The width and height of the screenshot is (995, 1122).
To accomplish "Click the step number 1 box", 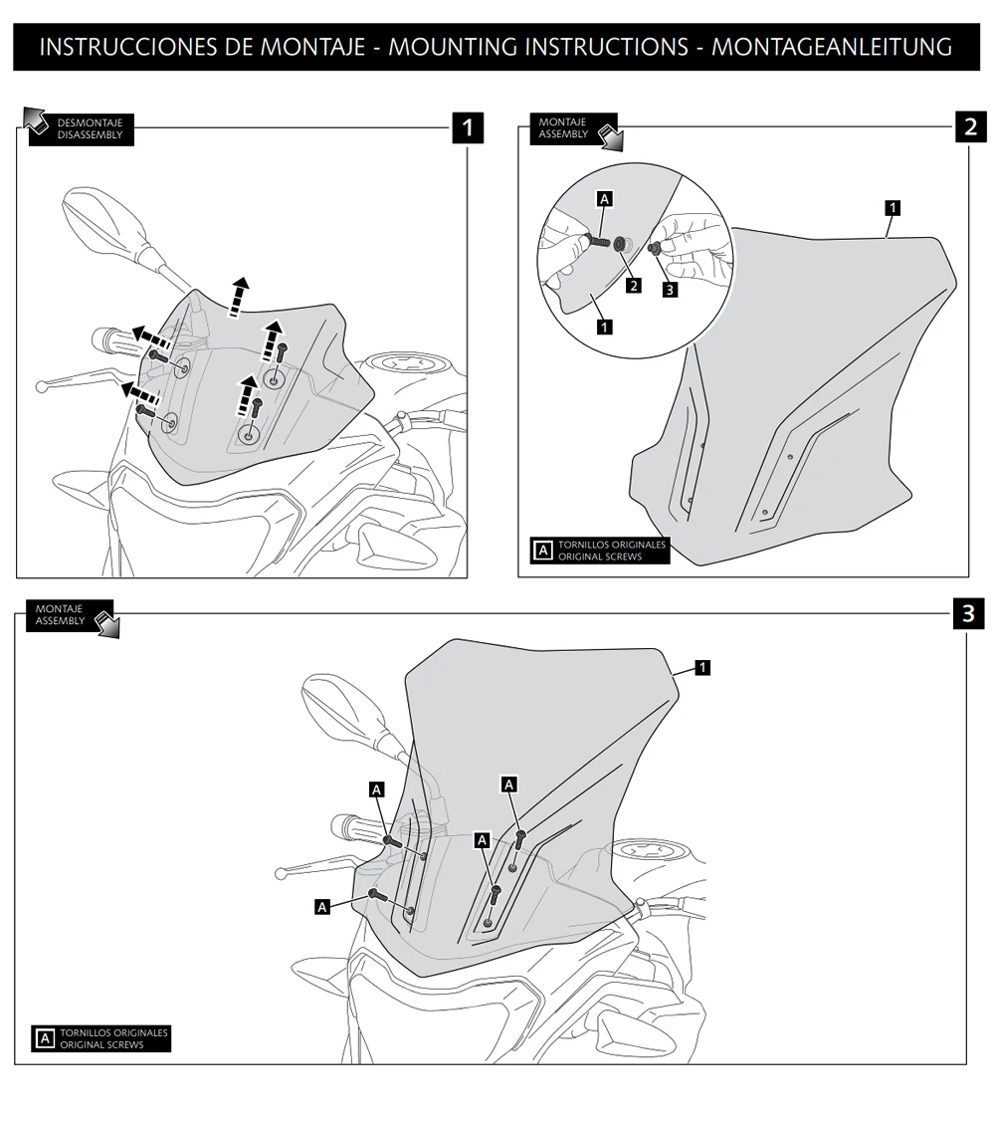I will pos(468,127).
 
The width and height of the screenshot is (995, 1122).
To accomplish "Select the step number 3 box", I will pos(968,613).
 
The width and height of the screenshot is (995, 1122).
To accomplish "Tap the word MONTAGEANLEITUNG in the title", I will pos(832,47).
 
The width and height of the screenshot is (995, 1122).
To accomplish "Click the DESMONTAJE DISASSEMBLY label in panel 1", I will pos(90,129).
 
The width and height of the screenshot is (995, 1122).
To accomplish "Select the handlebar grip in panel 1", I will pos(114,338).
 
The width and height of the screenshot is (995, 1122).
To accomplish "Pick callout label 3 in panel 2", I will pos(670,290).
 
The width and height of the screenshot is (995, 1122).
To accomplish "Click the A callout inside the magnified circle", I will pos(604,199).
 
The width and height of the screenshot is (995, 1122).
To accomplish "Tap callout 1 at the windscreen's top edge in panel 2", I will pos(893,207).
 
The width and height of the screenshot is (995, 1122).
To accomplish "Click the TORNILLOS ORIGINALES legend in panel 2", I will pos(602,551).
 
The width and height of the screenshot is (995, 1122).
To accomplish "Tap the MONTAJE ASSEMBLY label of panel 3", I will pos(62,614).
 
